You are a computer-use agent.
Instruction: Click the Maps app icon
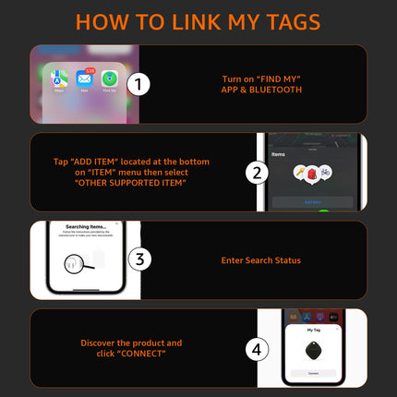click(x=61, y=80)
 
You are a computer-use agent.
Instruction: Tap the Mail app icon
click(x=85, y=80)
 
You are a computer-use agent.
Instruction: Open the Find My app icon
click(x=109, y=80)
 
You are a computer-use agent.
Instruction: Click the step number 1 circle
click(x=138, y=85)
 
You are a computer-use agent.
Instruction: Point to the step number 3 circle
click(x=138, y=259)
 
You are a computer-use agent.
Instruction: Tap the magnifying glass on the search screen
click(x=75, y=265)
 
